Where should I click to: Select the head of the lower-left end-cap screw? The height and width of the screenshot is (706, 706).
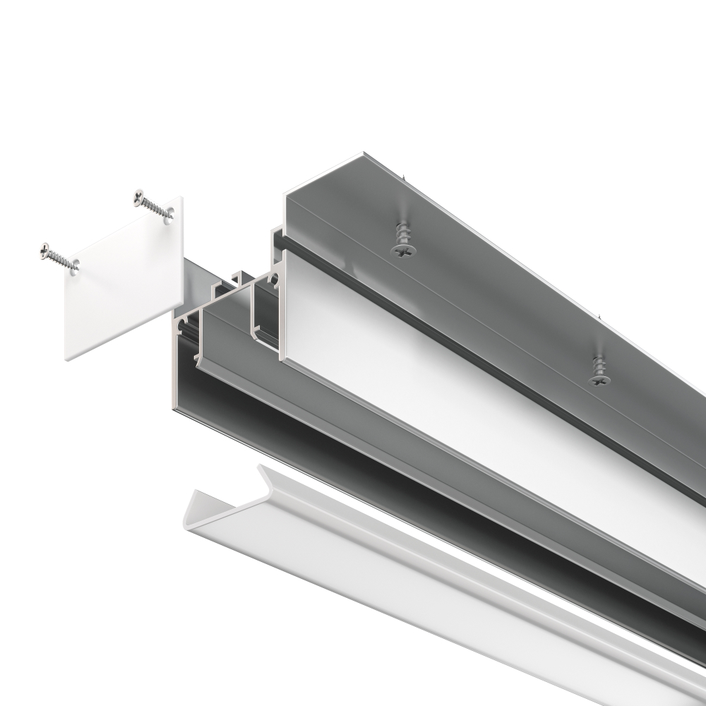pos(45,249)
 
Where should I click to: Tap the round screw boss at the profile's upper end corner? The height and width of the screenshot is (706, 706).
pos(273,281)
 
